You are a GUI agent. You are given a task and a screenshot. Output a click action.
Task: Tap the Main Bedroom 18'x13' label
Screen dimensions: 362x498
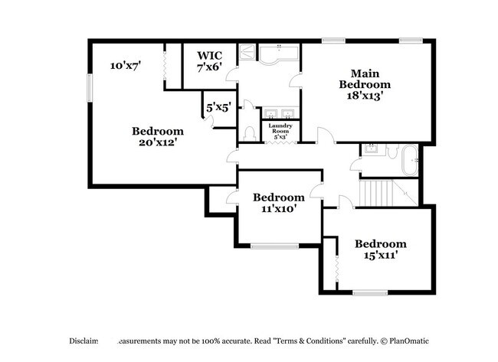[365, 84]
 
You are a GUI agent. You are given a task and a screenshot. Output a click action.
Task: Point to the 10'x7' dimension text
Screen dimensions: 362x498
[126, 67]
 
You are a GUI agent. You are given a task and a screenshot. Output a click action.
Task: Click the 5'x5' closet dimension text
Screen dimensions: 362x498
[218, 108]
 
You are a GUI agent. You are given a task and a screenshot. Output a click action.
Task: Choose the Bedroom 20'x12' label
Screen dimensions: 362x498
[158, 137]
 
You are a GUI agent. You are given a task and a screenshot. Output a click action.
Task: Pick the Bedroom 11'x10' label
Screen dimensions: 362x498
[279, 202]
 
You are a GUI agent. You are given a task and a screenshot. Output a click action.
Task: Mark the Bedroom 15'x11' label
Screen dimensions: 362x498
[379, 249]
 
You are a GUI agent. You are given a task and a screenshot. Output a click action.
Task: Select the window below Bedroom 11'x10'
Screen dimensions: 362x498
[274, 246]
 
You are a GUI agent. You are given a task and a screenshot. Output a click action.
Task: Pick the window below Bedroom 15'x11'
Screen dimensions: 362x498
[370, 292]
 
